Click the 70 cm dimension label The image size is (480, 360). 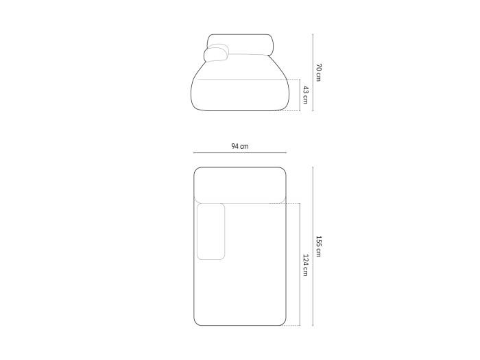pos(319,73)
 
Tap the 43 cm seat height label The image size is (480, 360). pos(306,95)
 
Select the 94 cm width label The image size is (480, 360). pos(240,146)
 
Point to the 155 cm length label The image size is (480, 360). pos(319,246)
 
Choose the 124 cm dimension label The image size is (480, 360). pos(306,265)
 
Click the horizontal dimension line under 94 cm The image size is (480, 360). pos(240,152)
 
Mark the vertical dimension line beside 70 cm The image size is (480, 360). pos(313,72)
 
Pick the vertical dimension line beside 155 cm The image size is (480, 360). pos(313,246)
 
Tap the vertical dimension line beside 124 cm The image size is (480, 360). pos(300,264)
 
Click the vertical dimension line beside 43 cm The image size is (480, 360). pos(300,95)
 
